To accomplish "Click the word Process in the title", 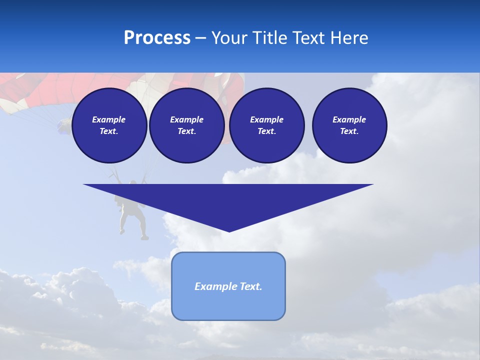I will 157,38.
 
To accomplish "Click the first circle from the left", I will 109,125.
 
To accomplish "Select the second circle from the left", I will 187,125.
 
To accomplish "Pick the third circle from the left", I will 267,125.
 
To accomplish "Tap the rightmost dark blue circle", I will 349,125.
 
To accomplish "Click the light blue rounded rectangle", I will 228,286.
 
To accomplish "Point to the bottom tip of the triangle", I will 229,230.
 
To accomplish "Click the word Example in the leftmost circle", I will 109,119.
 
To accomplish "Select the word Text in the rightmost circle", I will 349,131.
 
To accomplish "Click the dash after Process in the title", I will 201,38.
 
